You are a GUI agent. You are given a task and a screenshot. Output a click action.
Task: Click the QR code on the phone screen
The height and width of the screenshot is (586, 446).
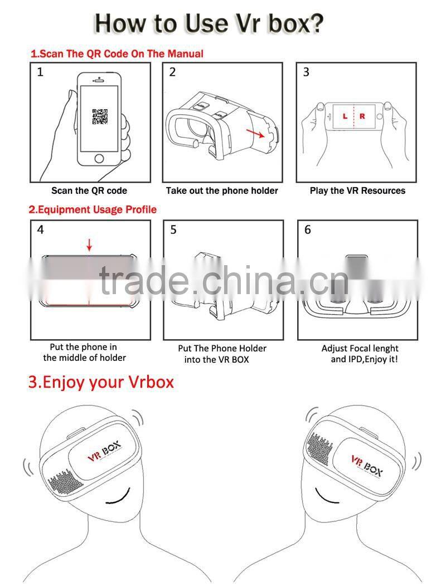(100, 117)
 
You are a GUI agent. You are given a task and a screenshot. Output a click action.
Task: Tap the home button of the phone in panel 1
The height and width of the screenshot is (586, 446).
(99, 158)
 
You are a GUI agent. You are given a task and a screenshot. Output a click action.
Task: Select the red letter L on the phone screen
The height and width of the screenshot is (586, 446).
(345, 116)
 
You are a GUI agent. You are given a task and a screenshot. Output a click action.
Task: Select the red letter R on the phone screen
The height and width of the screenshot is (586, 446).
(362, 116)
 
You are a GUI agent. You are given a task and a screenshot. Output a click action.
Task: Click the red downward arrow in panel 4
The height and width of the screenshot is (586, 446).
(89, 245)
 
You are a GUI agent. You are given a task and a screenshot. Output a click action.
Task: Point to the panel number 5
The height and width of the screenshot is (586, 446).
(173, 229)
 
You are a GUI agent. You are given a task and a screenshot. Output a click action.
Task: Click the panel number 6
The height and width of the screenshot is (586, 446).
(308, 229)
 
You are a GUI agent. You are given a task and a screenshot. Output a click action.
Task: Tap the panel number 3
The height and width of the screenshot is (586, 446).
(306, 72)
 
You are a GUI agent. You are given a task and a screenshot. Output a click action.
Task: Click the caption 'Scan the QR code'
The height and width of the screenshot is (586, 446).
(89, 191)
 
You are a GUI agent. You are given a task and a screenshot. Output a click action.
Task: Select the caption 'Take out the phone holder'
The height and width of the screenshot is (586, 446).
(222, 191)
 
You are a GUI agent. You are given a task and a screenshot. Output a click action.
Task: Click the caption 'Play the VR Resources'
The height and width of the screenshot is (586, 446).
(357, 191)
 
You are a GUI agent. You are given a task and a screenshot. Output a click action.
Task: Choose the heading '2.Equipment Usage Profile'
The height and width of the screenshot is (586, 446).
(93, 209)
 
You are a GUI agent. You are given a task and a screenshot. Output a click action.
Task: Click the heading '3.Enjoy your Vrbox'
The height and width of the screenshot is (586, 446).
(101, 382)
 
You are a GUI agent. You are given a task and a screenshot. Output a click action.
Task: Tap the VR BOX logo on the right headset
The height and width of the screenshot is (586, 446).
(367, 465)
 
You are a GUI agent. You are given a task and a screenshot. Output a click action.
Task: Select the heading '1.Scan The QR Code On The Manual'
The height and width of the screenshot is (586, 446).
(117, 54)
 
